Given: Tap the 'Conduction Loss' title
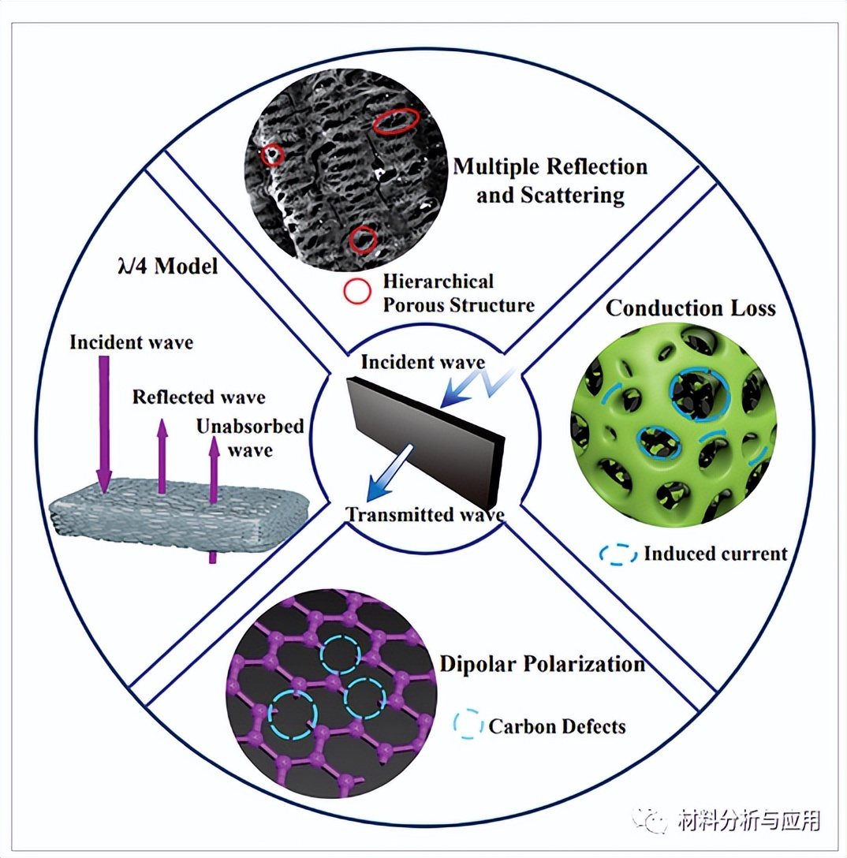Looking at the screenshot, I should (690, 307).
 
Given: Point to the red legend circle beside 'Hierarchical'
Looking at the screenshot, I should (356, 293).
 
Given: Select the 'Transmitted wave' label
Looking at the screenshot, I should (425, 516).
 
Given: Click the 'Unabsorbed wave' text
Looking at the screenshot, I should (250, 438).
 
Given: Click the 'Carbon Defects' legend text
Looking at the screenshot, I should (557, 726).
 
